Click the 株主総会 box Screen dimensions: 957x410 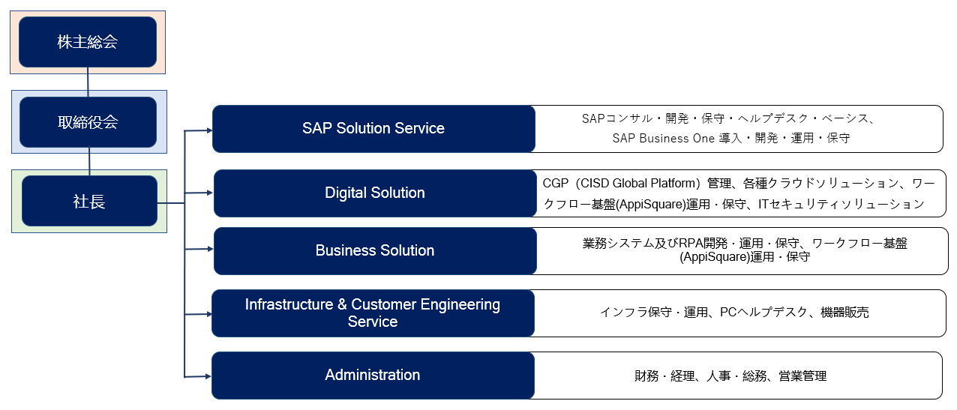click(x=88, y=42)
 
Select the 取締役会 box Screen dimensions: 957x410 click(x=88, y=122)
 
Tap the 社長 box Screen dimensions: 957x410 click(x=89, y=201)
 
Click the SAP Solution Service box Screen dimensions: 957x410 click(x=373, y=129)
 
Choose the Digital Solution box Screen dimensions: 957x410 click(x=375, y=193)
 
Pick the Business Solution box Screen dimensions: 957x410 click(x=375, y=250)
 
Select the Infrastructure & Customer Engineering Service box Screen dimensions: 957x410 click(x=373, y=313)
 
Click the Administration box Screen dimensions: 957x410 click(x=373, y=376)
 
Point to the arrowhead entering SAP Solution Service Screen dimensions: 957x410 click(x=209, y=130)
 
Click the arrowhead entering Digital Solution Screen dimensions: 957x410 click(x=210, y=193)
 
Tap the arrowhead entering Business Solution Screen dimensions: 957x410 click(x=210, y=249)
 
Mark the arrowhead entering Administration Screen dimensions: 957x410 click(x=208, y=376)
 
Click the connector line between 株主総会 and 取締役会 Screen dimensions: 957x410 click(x=88, y=82)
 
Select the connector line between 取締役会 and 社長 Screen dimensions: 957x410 click(x=89, y=161)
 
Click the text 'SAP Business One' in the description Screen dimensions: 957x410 click(x=664, y=139)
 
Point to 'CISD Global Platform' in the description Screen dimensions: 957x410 click(x=637, y=183)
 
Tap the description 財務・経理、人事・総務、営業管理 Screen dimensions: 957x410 click(x=730, y=376)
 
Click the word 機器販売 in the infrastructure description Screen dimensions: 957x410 click(x=844, y=313)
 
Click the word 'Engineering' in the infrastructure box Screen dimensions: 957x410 click(x=460, y=305)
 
